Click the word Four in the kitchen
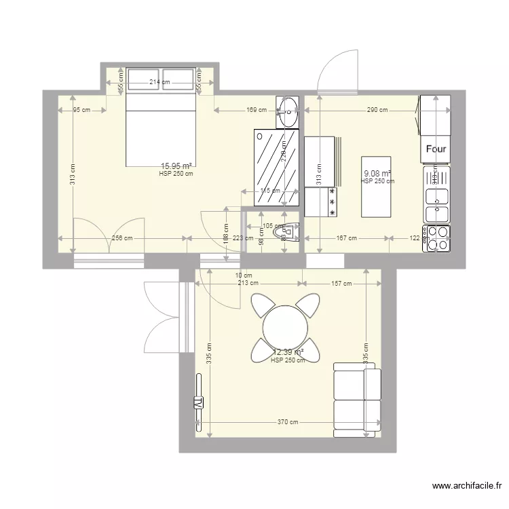point(435,149)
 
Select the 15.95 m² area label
point(176,166)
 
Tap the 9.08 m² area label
point(377,174)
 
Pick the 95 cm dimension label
point(81,109)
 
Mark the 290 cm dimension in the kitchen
point(377,109)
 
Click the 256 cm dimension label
point(123,238)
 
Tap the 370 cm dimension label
point(288,422)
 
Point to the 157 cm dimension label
point(341,284)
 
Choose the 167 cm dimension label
point(347,238)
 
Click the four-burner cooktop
point(436,238)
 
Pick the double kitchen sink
point(436,205)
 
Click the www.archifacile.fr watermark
point(466,486)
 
